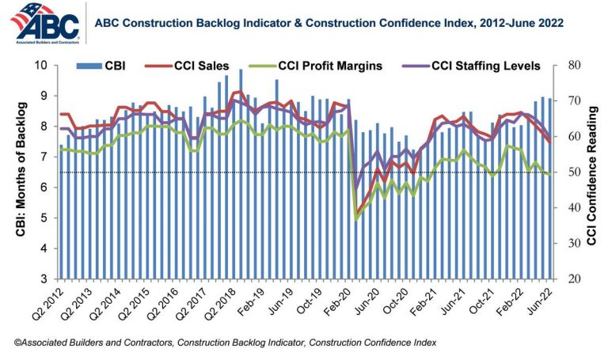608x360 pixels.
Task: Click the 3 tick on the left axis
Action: point(45,279)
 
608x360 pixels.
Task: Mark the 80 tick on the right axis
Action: point(570,65)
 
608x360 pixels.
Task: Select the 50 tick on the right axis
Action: point(570,172)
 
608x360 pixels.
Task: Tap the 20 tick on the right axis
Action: point(570,279)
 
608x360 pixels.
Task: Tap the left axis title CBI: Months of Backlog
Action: point(20,171)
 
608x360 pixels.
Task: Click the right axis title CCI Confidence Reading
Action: point(592,172)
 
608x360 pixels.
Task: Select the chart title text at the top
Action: point(329,24)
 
